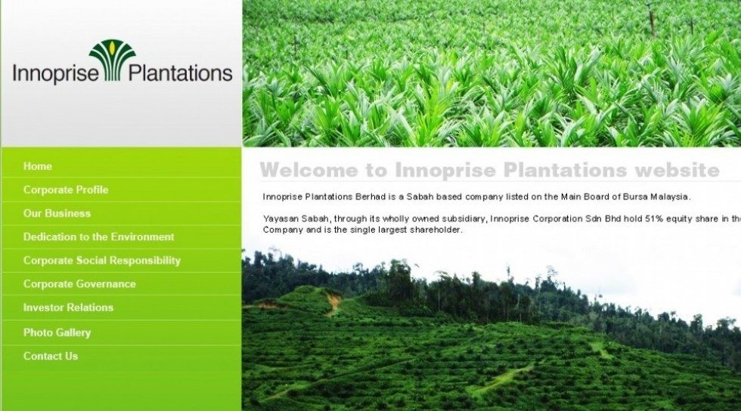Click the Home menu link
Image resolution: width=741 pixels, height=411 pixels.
click(37, 166)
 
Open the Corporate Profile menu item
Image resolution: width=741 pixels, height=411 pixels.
click(66, 190)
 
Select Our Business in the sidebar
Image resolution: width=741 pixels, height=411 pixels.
click(57, 214)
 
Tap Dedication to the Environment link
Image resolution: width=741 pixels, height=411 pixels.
click(99, 237)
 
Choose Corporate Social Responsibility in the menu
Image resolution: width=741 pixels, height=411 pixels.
click(102, 261)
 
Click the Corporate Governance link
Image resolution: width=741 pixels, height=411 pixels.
click(79, 284)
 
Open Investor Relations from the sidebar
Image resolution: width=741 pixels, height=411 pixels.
click(69, 307)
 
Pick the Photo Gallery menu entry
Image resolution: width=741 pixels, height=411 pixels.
click(57, 332)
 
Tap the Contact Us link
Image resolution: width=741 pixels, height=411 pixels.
click(51, 356)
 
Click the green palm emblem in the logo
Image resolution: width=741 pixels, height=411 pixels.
click(113, 60)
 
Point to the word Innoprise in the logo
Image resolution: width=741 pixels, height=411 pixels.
click(56, 74)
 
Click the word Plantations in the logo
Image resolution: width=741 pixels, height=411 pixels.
click(181, 73)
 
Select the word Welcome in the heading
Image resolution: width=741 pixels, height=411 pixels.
click(308, 170)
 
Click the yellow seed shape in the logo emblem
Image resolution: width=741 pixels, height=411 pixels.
click(112, 47)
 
